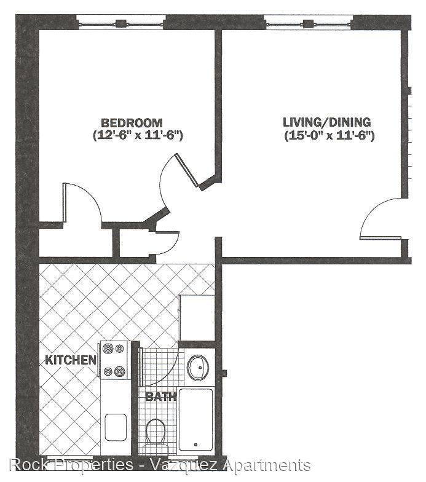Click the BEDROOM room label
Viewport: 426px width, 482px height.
tap(132, 123)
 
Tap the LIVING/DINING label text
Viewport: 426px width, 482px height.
tap(327, 122)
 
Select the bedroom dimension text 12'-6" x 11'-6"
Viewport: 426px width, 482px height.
tap(138, 135)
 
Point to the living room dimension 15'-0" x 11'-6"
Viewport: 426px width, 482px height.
tap(329, 135)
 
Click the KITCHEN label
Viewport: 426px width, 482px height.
tap(71, 360)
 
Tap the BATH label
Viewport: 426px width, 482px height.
tap(161, 397)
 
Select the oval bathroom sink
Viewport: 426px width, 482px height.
tap(198, 368)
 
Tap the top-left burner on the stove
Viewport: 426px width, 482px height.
tap(108, 349)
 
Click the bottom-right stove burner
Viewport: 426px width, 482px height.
tap(119, 371)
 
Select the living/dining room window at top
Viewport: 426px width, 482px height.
tap(308, 23)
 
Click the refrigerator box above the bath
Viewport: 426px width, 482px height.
tap(197, 318)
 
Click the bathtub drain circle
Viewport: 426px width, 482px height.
tap(195, 444)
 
